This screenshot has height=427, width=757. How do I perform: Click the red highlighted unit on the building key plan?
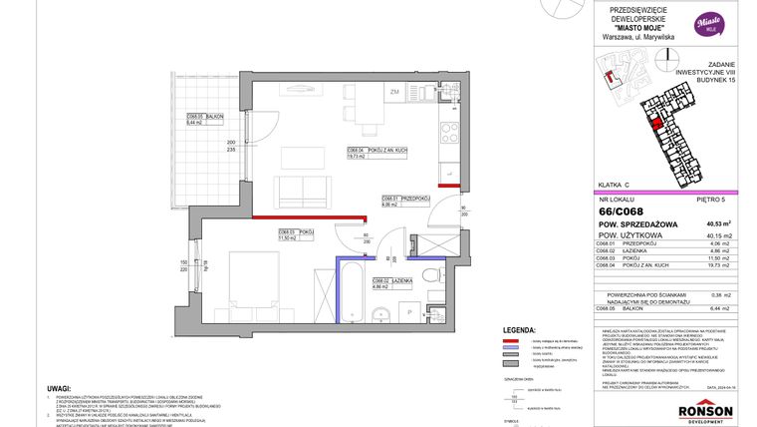[x=654, y=124]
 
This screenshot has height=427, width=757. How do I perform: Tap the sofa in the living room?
[x=301, y=191]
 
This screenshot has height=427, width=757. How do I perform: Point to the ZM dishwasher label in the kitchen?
[x=395, y=92]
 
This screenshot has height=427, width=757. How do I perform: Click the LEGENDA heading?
[x=522, y=328]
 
